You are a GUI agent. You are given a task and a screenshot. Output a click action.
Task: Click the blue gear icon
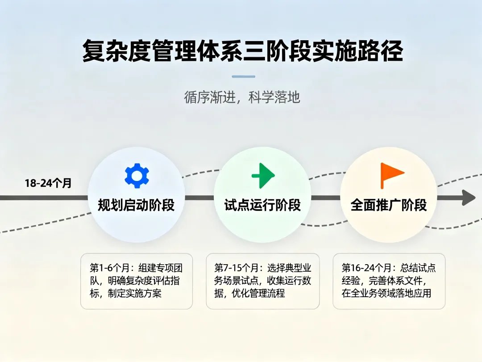click(137, 175)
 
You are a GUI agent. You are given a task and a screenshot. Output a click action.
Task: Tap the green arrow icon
click(263, 175)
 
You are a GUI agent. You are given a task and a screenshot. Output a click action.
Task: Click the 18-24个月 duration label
click(48, 183)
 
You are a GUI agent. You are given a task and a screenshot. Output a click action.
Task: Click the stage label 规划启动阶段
click(136, 205)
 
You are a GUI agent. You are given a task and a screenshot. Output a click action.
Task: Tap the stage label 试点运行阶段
click(262, 205)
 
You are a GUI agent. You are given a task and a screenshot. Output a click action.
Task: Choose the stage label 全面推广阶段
click(389, 205)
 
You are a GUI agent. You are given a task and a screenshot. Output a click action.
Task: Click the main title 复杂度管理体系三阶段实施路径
click(243, 51)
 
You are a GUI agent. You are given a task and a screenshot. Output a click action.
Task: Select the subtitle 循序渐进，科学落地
click(242, 97)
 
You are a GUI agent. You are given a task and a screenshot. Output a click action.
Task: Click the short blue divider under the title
click(243, 76)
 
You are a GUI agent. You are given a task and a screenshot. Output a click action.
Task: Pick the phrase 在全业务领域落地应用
click(386, 294)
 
